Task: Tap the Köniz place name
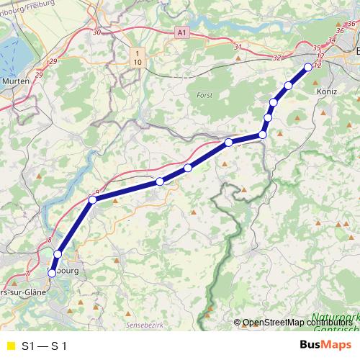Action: tap(328, 92)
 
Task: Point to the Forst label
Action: tap(205, 95)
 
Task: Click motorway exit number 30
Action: tap(97, 32)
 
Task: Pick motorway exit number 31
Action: tap(238, 47)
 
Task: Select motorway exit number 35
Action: tap(318, 48)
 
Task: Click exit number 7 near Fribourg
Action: tap(27, 274)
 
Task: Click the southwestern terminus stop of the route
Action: tap(52, 273)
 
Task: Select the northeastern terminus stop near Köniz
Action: tap(308, 67)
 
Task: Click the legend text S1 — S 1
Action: tap(45, 346)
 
